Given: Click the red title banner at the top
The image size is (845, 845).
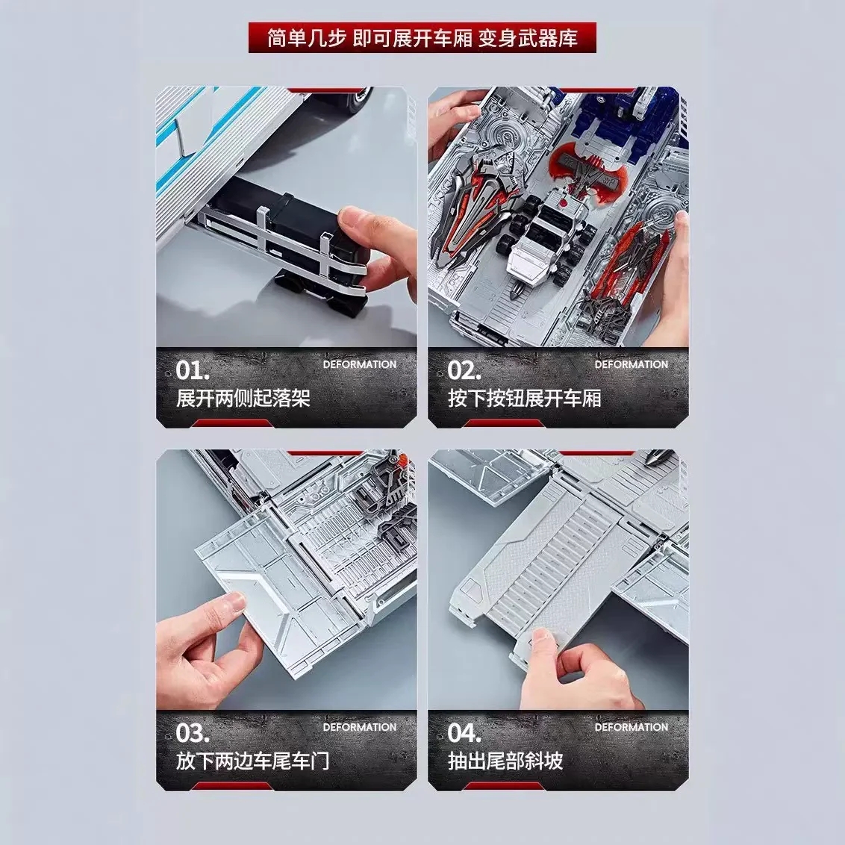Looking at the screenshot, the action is click(x=422, y=38).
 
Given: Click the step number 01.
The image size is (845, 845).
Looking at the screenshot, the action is click(x=193, y=370).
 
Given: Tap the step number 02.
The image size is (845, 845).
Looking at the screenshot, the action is click(x=464, y=370).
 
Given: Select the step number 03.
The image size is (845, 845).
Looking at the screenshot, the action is click(x=193, y=733).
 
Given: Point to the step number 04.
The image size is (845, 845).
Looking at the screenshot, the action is click(x=464, y=733).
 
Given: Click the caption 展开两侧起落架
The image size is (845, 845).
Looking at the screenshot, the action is click(x=243, y=399).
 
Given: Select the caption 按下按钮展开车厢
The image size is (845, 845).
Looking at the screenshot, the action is click(x=524, y=399).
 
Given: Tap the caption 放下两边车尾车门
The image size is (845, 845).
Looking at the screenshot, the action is click(x=252, y=761).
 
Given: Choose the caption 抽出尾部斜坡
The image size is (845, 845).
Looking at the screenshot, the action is click(x=505, y=761).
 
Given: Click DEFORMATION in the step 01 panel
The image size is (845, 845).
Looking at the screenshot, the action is click(x=360, y=364).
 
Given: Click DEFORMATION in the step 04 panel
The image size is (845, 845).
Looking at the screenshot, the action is click(x=631, y=727).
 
